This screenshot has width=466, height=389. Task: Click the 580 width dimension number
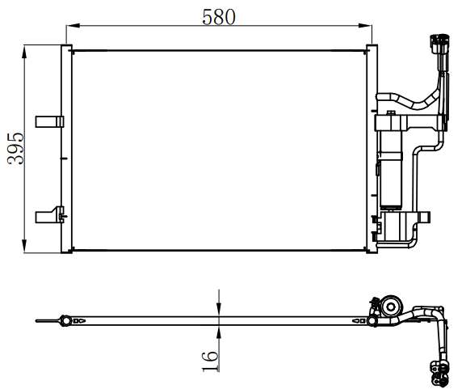219,17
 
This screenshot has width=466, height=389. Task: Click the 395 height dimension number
15,148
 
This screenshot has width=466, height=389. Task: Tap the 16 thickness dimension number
210,361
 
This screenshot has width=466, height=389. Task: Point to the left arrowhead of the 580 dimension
73,26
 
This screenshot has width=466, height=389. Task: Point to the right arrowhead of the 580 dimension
365,26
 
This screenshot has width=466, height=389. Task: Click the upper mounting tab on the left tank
49,121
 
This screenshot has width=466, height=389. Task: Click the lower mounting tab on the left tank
49,215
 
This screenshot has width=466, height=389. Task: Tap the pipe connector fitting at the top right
439,44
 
